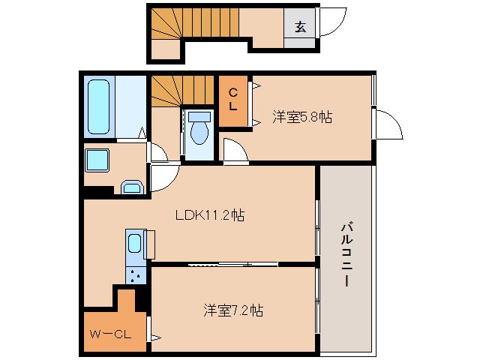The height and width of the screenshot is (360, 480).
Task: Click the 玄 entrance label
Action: tap(300, 27)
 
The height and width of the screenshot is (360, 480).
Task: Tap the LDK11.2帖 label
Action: tap(209, 215)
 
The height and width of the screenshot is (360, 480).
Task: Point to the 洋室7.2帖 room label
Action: tap(232, 309)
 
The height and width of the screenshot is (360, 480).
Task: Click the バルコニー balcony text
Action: tap(346, 256)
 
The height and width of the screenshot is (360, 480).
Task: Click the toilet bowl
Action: tap(199, 130)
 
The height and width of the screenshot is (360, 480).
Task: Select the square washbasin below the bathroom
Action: tap(97, 160)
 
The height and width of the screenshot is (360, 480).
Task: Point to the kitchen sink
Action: tap(134, 244)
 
